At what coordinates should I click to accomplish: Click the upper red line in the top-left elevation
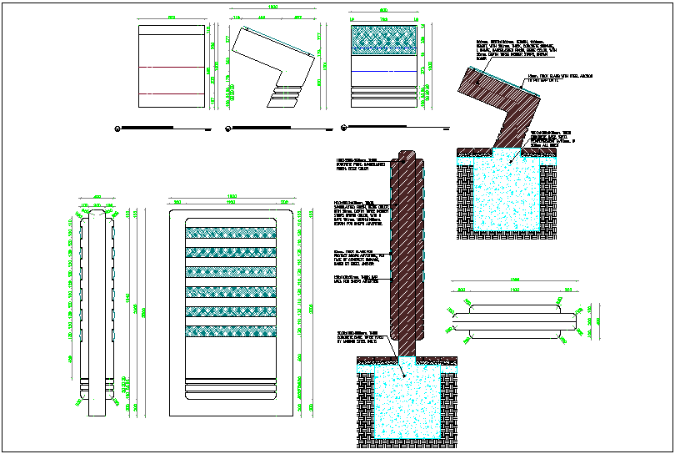tap(171, 67)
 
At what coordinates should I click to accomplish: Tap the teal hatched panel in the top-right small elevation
tap(384, 41)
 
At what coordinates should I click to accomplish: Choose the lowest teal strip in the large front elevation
tap(229, 331)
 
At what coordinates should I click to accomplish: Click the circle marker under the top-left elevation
tap(118, 128)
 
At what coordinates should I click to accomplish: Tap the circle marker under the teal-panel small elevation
tap(342, 128)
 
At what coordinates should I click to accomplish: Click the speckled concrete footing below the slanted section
tap(498, 194)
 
